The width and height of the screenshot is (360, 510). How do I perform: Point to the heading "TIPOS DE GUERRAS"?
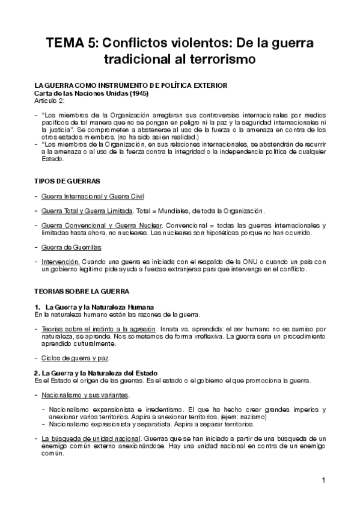[x=67, y=181]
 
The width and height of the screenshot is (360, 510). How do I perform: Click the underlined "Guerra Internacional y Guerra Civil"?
[x=93, y=197]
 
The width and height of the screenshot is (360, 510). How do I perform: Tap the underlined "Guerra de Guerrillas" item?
[x=72, y=247]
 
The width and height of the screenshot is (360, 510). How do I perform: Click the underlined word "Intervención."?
[x=61, y=262]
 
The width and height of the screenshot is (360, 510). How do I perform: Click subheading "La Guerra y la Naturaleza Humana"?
[x=99, y=307]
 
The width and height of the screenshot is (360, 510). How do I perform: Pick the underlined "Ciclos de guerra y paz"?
[x=75, y=358]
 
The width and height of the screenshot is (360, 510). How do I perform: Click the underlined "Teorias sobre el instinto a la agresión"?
[x=99, y=329]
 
